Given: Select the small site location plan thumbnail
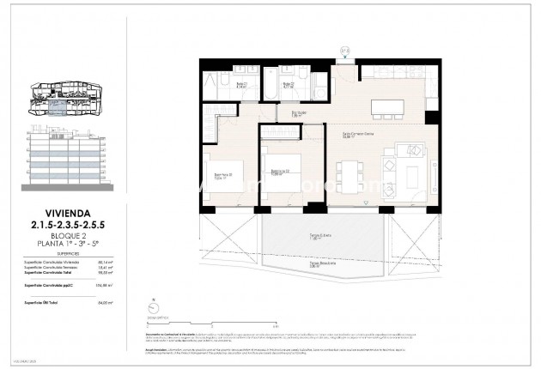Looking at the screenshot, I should [x=67, y=98].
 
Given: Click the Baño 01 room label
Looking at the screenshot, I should [x=217, y=86].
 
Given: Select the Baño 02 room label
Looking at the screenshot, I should [x=289, y=85].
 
